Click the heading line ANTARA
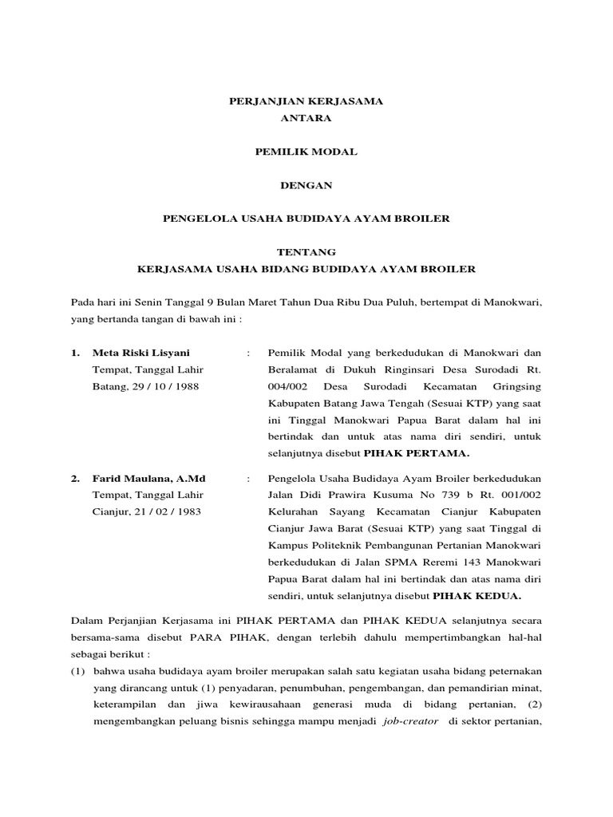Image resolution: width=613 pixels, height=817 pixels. (x=306, y=118)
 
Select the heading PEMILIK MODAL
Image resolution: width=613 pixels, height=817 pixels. (x=306, y=152)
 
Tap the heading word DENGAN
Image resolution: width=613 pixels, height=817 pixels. (x=306, y=185)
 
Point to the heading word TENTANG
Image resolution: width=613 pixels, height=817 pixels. (x=306, y=252)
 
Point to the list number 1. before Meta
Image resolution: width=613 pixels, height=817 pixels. (x=76, y=352)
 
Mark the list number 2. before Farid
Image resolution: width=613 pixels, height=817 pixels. (x=76, y=478)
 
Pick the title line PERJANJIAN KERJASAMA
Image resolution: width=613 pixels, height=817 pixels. (x=306, y=101)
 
